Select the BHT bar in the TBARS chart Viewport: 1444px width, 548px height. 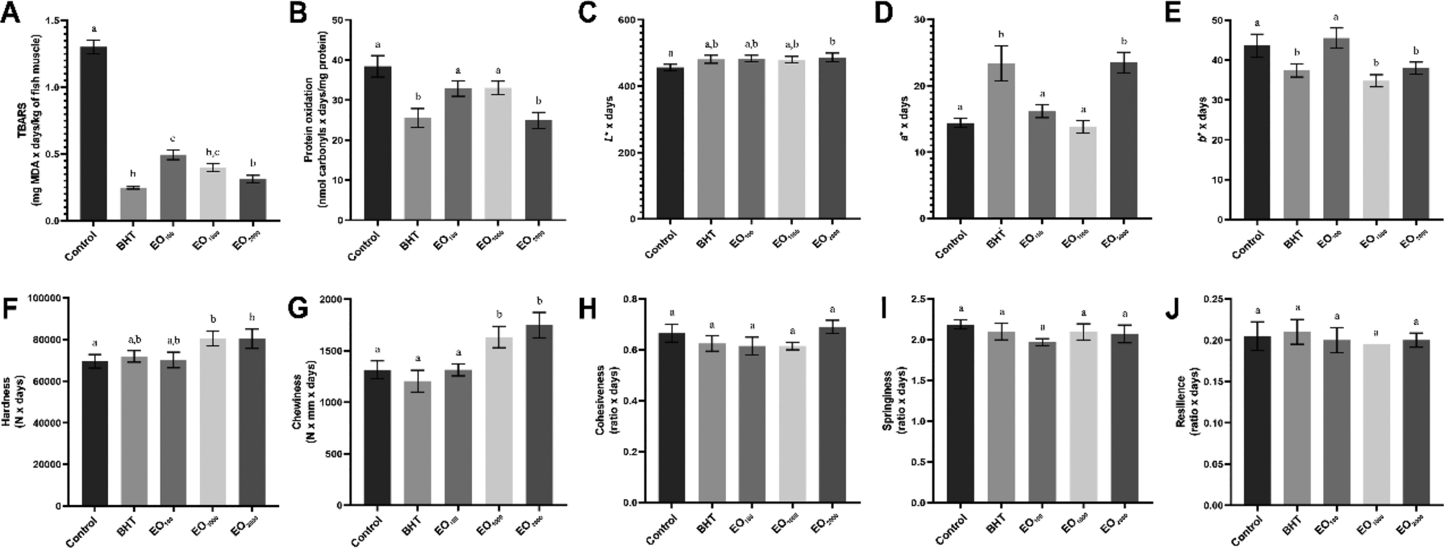click(x=133, y=204)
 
